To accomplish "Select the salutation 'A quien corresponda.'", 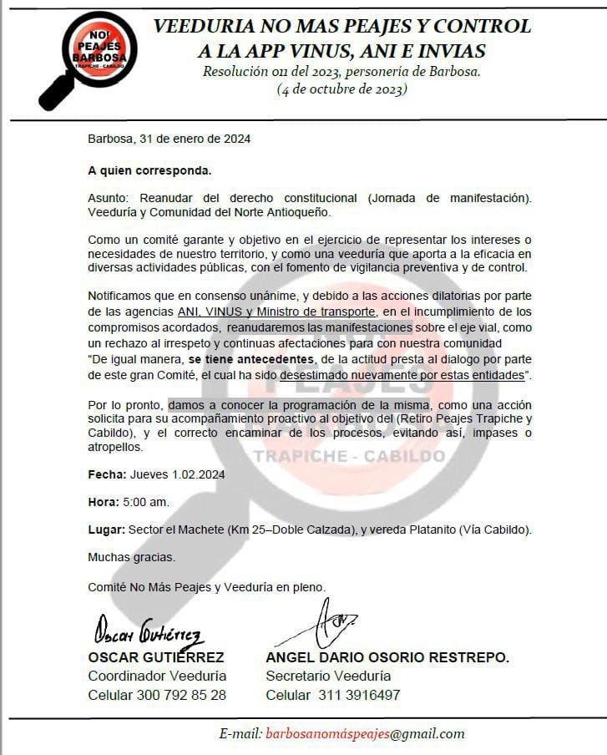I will pyautogui.click(x=149, y=170).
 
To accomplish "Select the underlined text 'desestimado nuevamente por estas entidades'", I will pyautogui.click(x=402, y=376).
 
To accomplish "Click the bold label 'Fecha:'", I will pyautogui.click(x=107, y=474).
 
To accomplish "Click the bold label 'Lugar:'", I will pyautogui.click(x=106, y=530).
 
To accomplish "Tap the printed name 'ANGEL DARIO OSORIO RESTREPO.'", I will pyautogui.click(x=387, y=657).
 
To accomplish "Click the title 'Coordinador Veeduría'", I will pyautogui.click(x=157, y=676).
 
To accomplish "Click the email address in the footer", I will pyautogui.click(x=364, y=734).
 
